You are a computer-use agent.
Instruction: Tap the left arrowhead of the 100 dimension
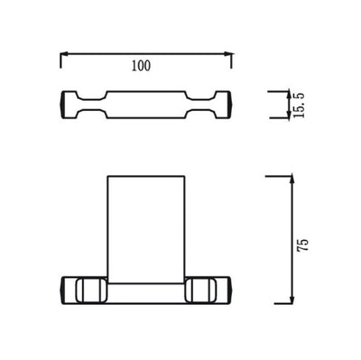point(63,54)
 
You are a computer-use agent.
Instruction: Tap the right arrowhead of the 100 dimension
point(228,54)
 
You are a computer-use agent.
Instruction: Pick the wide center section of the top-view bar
point(145,106)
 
